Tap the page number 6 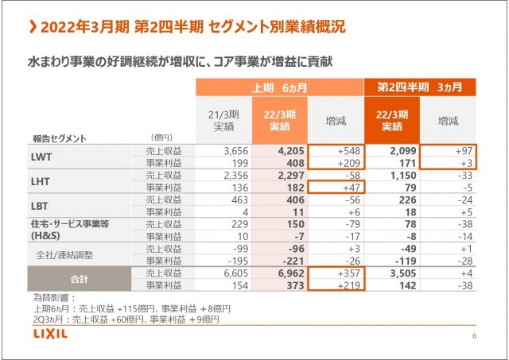click(x=474, y=337)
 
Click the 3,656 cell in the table click(x=231, y=150)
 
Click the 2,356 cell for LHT click(x=231, y=176)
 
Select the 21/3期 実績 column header click(x=223, y=120)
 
